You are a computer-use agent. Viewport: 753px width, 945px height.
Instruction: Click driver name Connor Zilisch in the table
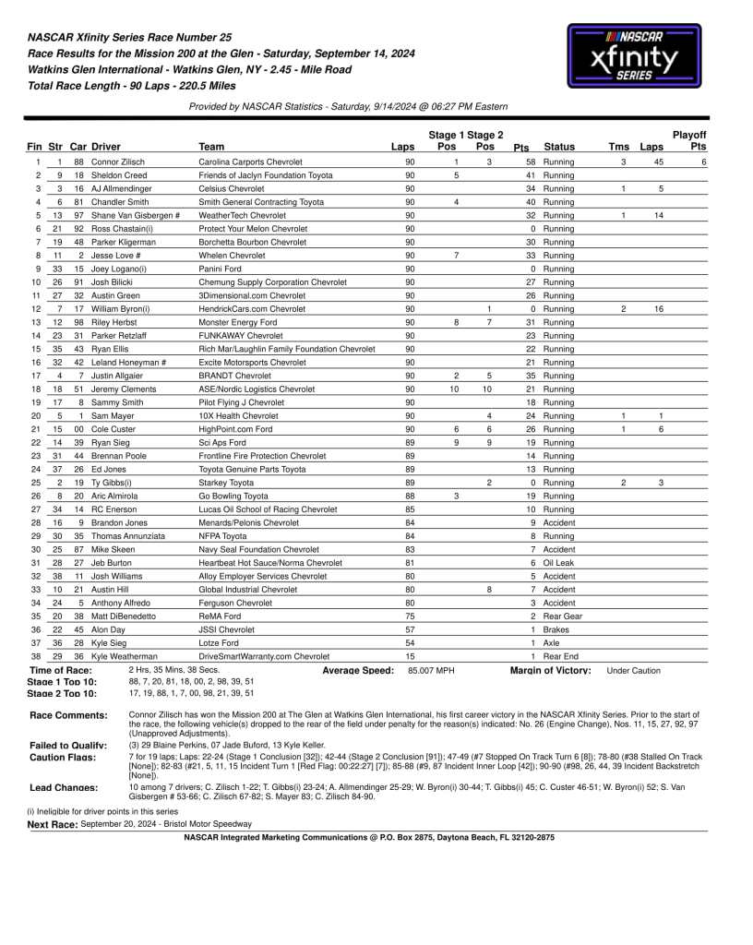pos(118,161)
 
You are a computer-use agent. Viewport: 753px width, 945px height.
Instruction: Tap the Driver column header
pos(106,147)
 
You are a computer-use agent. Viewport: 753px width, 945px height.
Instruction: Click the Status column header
pos(559,147)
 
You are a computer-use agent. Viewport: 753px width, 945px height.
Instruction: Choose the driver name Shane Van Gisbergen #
pos(136,215)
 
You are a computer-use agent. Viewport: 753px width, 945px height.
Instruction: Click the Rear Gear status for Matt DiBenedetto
pos(562,616)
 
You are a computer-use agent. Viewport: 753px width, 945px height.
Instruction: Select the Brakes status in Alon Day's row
pos(556,628)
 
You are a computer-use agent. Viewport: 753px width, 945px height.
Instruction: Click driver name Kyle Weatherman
pos(125,655)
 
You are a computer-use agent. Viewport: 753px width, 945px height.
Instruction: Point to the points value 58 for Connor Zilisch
pos(531,161)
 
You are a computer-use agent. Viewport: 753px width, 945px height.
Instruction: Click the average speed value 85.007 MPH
pos(432,670)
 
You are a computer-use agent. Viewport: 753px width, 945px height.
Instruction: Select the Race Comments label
pos(68,715)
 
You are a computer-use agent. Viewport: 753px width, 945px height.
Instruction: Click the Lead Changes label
pos(64,787)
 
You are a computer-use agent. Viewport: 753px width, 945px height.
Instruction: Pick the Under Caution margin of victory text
pos(633,670)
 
